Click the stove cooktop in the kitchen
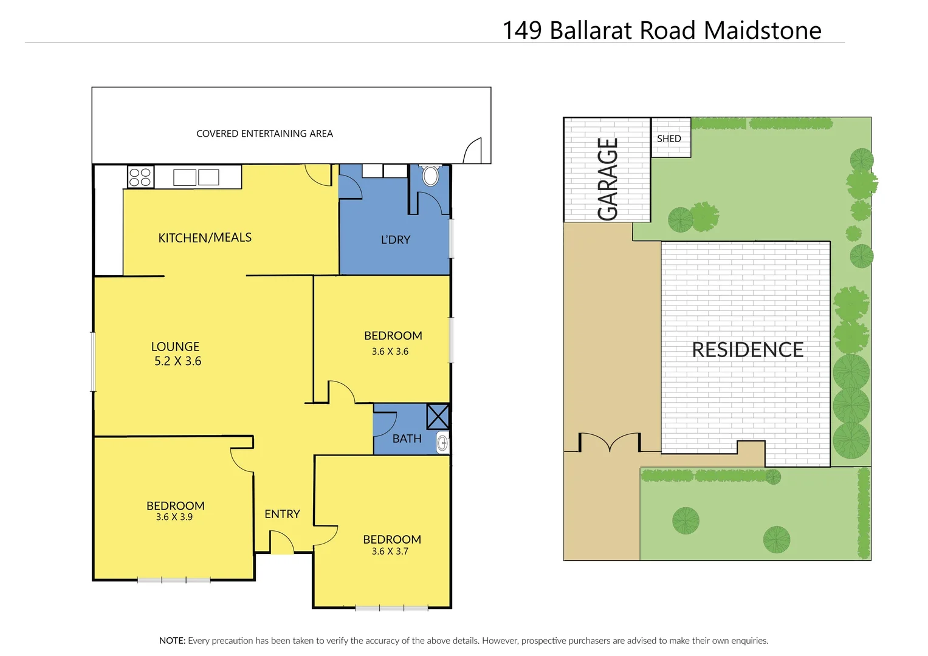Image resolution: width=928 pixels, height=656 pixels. click(140, 177)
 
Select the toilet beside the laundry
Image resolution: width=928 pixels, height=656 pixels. click(430, 176)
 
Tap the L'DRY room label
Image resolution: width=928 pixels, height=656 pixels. click(396, 240)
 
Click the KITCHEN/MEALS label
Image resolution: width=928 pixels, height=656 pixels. click(205, 237)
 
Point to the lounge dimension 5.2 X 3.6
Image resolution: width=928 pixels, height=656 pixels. click(177, 361)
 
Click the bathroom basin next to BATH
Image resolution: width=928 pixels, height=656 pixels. click(443, 443)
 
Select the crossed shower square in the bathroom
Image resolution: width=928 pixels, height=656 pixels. click(438, 417)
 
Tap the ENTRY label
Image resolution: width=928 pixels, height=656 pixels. click(282, 514)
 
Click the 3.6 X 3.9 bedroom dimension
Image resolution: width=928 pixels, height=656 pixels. click(174, 518)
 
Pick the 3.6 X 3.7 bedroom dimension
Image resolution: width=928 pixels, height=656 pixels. click(390, 552)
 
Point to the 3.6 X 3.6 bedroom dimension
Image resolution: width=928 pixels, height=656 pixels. click(390, 352)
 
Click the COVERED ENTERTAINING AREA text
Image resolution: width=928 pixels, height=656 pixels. click(264, 134)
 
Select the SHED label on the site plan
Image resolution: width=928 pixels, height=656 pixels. click(669, 138)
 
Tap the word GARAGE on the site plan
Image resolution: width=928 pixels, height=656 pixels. click(608, 179)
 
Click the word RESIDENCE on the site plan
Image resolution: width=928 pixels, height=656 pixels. click(748, 350)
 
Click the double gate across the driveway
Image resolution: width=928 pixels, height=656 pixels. click(610, 442)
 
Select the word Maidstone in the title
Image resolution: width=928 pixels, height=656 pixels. click(763, 30)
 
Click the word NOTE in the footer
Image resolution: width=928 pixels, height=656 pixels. click(172, 640)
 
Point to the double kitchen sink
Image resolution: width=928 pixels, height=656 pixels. click(196, 177)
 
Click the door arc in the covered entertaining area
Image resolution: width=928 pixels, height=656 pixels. click(473, 151)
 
